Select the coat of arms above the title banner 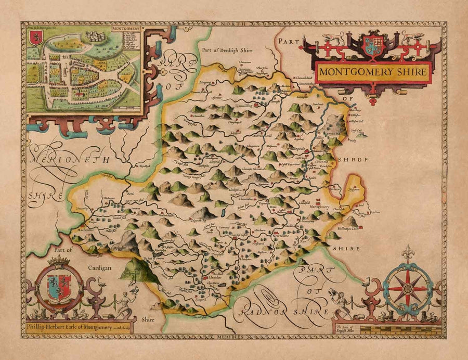click(373, 45)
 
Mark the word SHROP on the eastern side click(355, 159)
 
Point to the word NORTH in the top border click(234, 24)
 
